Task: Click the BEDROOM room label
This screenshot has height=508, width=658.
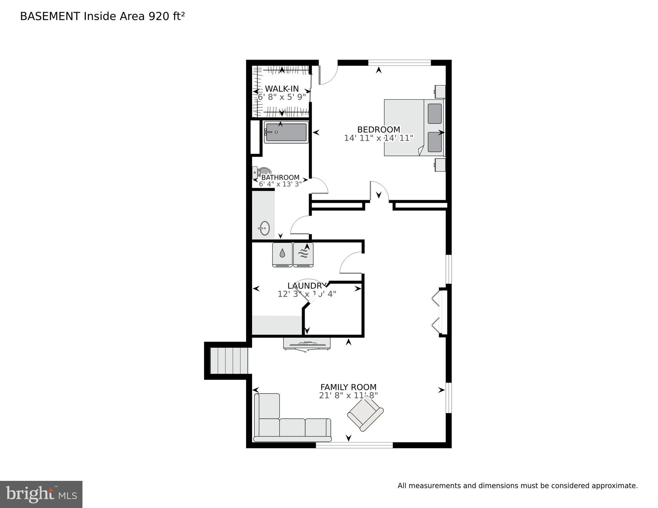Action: click(379, 129)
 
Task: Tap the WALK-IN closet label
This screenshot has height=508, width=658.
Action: click(282, 89)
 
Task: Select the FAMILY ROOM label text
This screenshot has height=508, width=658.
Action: click(348, 387)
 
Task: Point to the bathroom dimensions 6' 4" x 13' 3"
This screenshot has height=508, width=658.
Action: click(280, 184)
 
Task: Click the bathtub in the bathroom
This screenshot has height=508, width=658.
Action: click(286, 132)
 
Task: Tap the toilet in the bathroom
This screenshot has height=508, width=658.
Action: click(262, 172)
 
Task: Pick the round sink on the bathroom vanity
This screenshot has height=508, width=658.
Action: click(264, 228)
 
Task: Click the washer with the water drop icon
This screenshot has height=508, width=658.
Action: click(282, 254)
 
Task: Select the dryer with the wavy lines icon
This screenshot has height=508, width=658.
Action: click(303, 254)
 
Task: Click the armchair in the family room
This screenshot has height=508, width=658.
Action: click(365, 414)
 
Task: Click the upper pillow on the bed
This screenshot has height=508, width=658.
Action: click(434, 114)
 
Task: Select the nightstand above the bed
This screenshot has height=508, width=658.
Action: click(440, 92)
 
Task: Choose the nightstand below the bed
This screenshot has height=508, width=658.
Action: click(440, 165)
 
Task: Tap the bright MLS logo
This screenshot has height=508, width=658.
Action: click(41, 494)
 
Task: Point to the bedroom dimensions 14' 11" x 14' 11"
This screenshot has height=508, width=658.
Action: click(379, 138)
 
